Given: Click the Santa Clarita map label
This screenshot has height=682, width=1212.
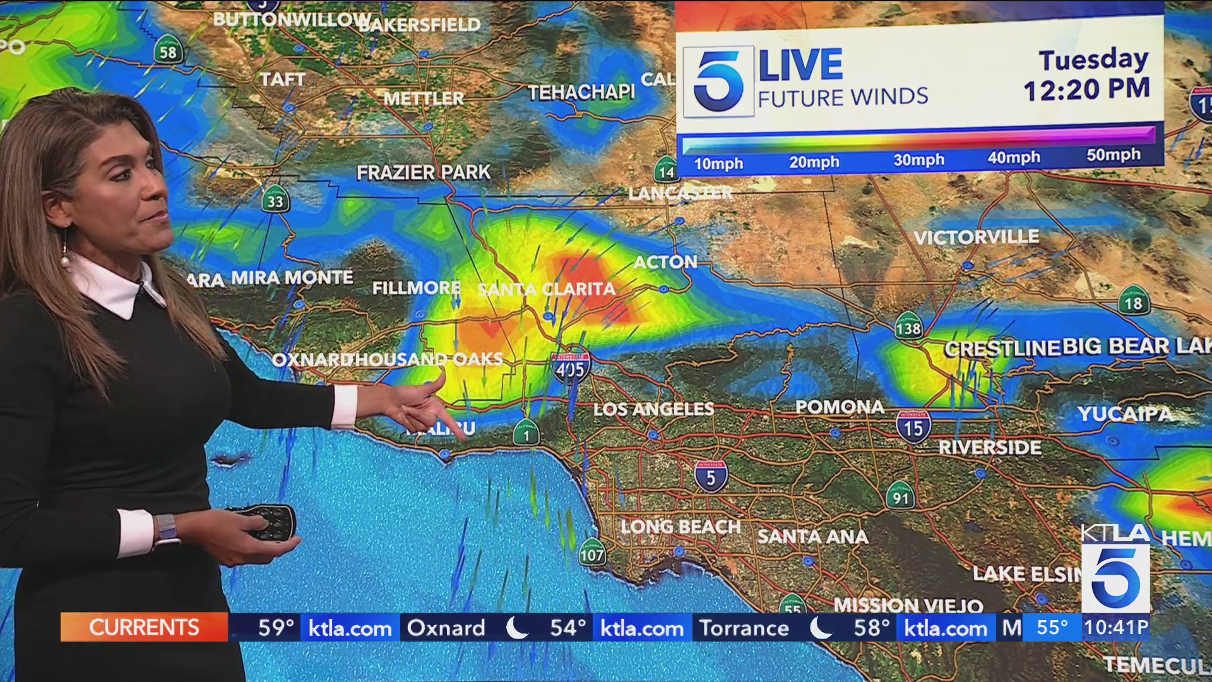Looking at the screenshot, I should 547,289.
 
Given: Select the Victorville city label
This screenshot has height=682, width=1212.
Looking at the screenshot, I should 976,237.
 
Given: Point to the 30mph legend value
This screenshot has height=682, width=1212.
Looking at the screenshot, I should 918,160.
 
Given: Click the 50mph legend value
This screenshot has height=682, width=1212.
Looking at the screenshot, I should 1113,155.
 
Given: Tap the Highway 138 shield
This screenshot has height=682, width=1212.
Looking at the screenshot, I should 908,326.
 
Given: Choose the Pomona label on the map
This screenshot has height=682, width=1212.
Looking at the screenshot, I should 840,407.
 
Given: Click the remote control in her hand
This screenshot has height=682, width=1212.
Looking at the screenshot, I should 268,522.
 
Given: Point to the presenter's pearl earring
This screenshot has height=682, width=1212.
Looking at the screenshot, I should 64,260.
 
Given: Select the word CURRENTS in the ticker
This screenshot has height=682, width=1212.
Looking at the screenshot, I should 144,628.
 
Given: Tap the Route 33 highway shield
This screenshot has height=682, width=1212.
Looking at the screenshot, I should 275,200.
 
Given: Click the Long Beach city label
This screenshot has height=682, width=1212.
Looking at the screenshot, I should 680,527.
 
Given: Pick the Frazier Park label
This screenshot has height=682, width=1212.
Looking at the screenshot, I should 423,172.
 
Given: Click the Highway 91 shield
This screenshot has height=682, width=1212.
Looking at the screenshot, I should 900,496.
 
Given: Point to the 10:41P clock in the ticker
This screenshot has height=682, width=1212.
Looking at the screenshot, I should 1116,628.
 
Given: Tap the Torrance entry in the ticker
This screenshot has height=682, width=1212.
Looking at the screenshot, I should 744,628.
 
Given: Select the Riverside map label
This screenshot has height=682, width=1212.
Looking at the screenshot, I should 989,448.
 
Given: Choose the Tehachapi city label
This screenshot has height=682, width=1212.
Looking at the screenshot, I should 581,93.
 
